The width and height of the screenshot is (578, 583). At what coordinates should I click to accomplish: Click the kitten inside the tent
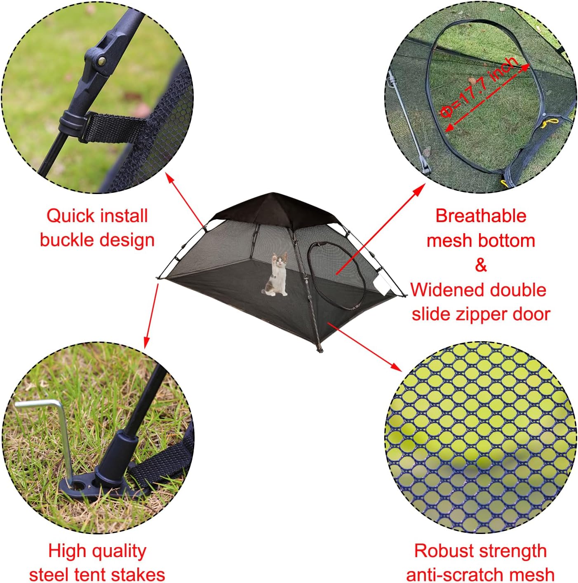(x=278, y=275)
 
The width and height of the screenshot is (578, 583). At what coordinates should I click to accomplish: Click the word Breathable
(x=481, y=216)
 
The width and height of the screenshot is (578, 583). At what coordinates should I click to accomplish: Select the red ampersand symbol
(x=481, y=265)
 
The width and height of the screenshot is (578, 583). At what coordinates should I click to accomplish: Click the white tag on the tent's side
(x=383, y=285)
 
